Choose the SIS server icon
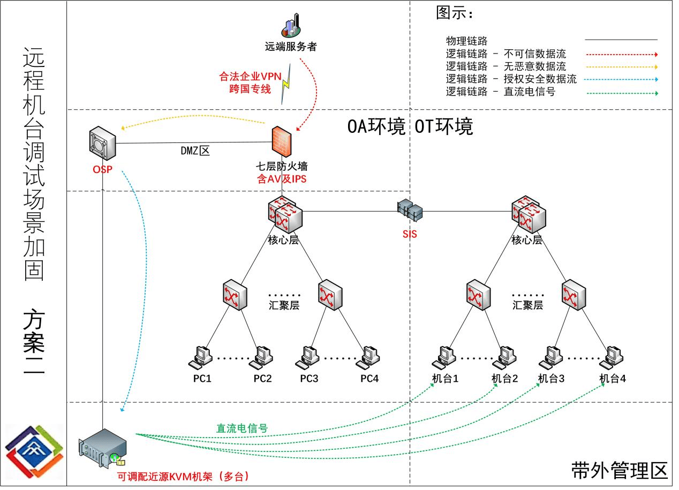[410, 210]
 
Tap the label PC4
[369, 379]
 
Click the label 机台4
[613, 379]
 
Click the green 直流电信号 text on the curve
[242, 428]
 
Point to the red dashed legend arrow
[621, 55]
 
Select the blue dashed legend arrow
[621, 79]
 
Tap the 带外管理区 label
[620, 470]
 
